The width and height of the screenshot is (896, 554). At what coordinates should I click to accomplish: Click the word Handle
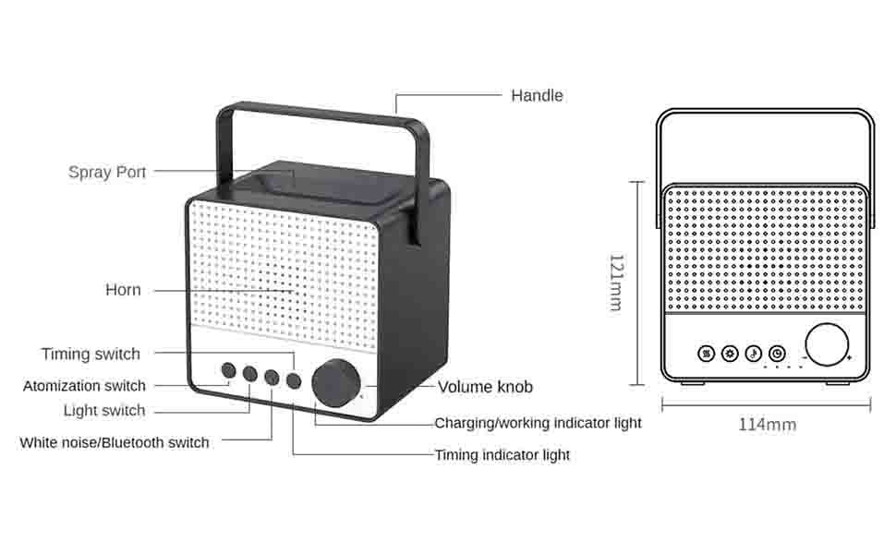click(537, 95)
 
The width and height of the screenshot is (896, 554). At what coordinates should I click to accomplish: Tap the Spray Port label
click(107, 172)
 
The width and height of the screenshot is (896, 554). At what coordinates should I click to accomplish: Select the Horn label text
click(123, 290)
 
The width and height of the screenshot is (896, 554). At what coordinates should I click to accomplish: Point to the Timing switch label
click(91, 354)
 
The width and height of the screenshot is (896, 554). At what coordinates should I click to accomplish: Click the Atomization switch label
click(84, 386)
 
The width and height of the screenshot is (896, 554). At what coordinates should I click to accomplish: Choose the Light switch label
click(104, 411)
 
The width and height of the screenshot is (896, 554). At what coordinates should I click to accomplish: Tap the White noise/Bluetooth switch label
click(115, 442)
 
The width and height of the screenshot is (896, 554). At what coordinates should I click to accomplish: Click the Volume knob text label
click(485, 387)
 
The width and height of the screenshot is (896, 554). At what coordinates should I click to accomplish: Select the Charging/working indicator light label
click(538, 424)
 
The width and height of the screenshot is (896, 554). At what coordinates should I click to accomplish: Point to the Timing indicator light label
click(502, 455)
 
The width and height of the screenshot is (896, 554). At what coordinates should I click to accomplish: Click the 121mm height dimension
click(615, 283)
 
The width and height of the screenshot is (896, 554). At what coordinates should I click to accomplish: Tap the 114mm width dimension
click(767, 425)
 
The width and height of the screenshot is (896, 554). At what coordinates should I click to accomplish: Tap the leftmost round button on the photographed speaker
click(228, 370)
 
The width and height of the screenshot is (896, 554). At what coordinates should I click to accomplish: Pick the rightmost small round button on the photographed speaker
click(294, 379)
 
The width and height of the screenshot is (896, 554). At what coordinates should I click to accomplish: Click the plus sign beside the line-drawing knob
click(849, 358)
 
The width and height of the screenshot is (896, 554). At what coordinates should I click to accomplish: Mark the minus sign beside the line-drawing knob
click(805, 358)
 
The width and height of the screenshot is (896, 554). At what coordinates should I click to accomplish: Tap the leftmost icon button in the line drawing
click(706, 354)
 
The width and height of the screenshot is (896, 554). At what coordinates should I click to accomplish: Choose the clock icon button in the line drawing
click(778, 354)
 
